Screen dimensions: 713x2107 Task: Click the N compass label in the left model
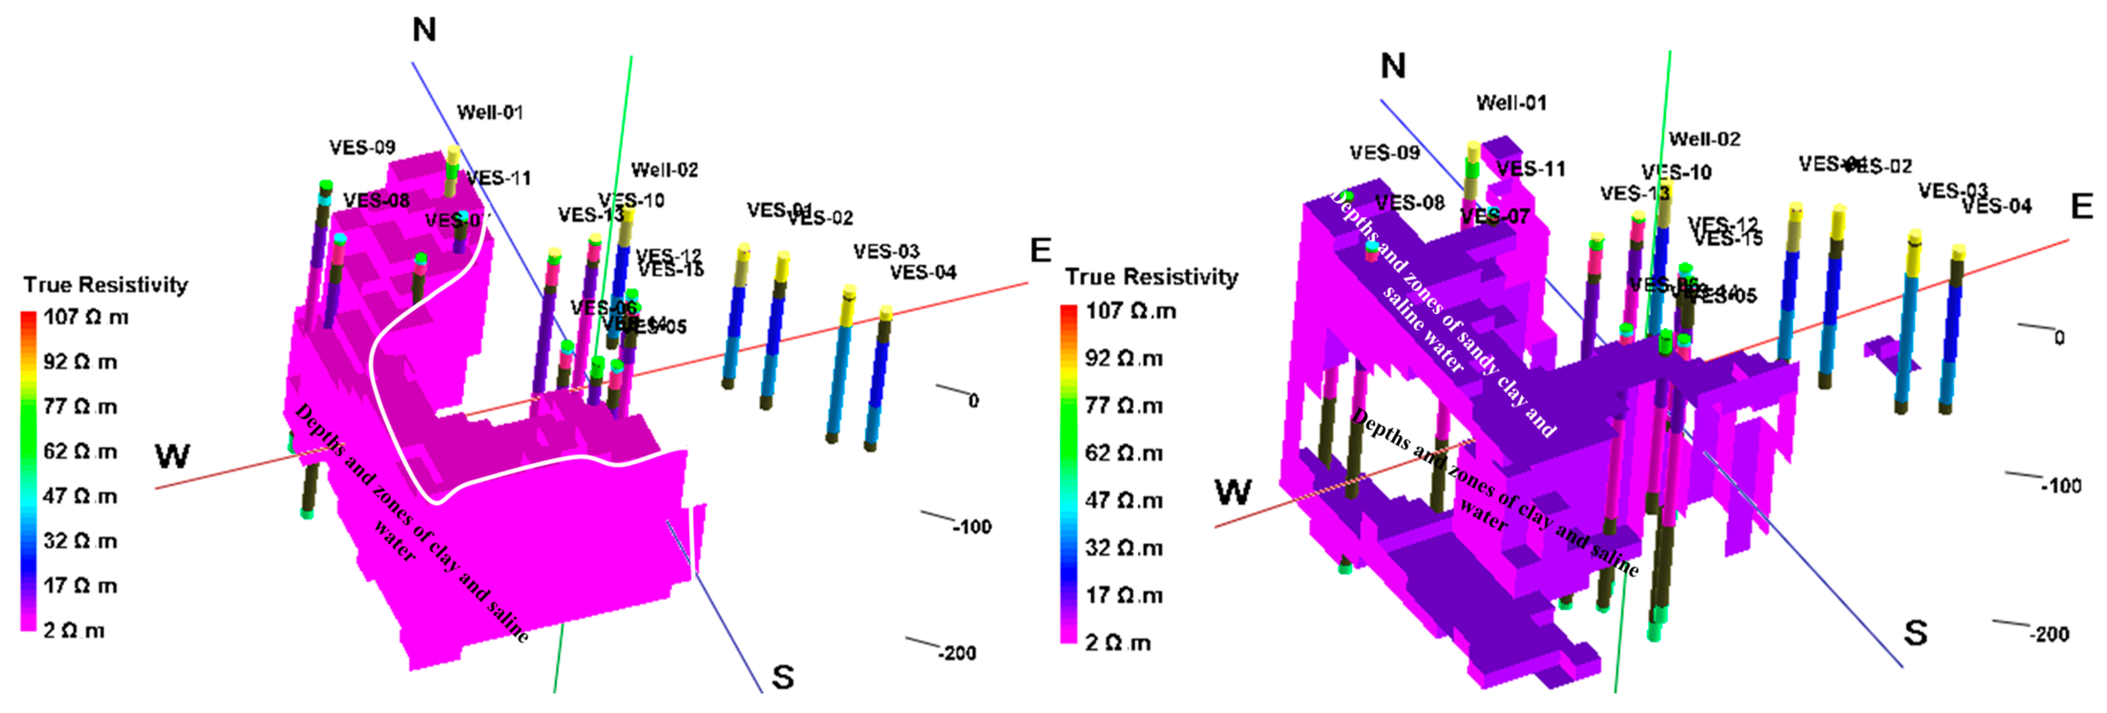424,30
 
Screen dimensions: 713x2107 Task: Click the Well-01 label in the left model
489,112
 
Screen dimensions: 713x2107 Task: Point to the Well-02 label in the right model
1705,139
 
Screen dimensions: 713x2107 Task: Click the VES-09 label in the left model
362,147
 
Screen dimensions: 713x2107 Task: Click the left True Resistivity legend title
105,285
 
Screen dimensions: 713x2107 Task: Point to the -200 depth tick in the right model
2048,634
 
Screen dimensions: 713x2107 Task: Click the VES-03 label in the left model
886,251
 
